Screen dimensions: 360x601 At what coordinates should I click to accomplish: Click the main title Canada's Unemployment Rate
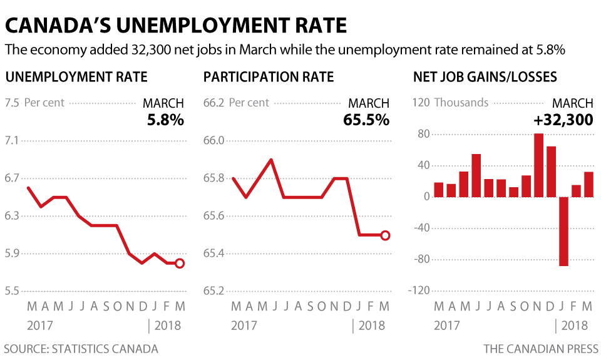tap(176, 25)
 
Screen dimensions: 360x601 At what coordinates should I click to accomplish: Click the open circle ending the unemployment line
tap(180, 264)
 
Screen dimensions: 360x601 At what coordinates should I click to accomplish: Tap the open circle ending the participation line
tap(385, 235)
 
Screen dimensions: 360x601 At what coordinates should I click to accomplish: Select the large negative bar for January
tap(563, 232)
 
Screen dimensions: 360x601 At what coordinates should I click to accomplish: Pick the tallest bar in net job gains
tap(538, 165)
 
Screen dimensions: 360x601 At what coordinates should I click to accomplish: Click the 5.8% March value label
tap(165, 120)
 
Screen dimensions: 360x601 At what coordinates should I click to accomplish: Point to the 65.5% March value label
tap(366, 120)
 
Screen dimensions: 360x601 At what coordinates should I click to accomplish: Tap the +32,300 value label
tap(563, 120)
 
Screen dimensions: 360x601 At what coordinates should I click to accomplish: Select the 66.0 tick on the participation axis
tap(214, 140)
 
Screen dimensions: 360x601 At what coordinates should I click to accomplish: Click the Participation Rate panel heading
tap(269, 78)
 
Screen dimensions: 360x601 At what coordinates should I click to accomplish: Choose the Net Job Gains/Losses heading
tap(485, 78)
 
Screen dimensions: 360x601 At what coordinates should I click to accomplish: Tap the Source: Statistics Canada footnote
tap(81, 349)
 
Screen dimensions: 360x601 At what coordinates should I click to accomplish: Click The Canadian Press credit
tap(541, 349)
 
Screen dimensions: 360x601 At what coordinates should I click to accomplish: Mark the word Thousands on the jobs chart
tap(461, 103)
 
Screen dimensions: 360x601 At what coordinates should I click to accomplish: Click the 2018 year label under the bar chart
tap(575, 326)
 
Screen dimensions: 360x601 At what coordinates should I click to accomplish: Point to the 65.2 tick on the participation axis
tap(214, 291)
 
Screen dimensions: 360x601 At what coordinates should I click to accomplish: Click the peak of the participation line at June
tap(271, 160)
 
